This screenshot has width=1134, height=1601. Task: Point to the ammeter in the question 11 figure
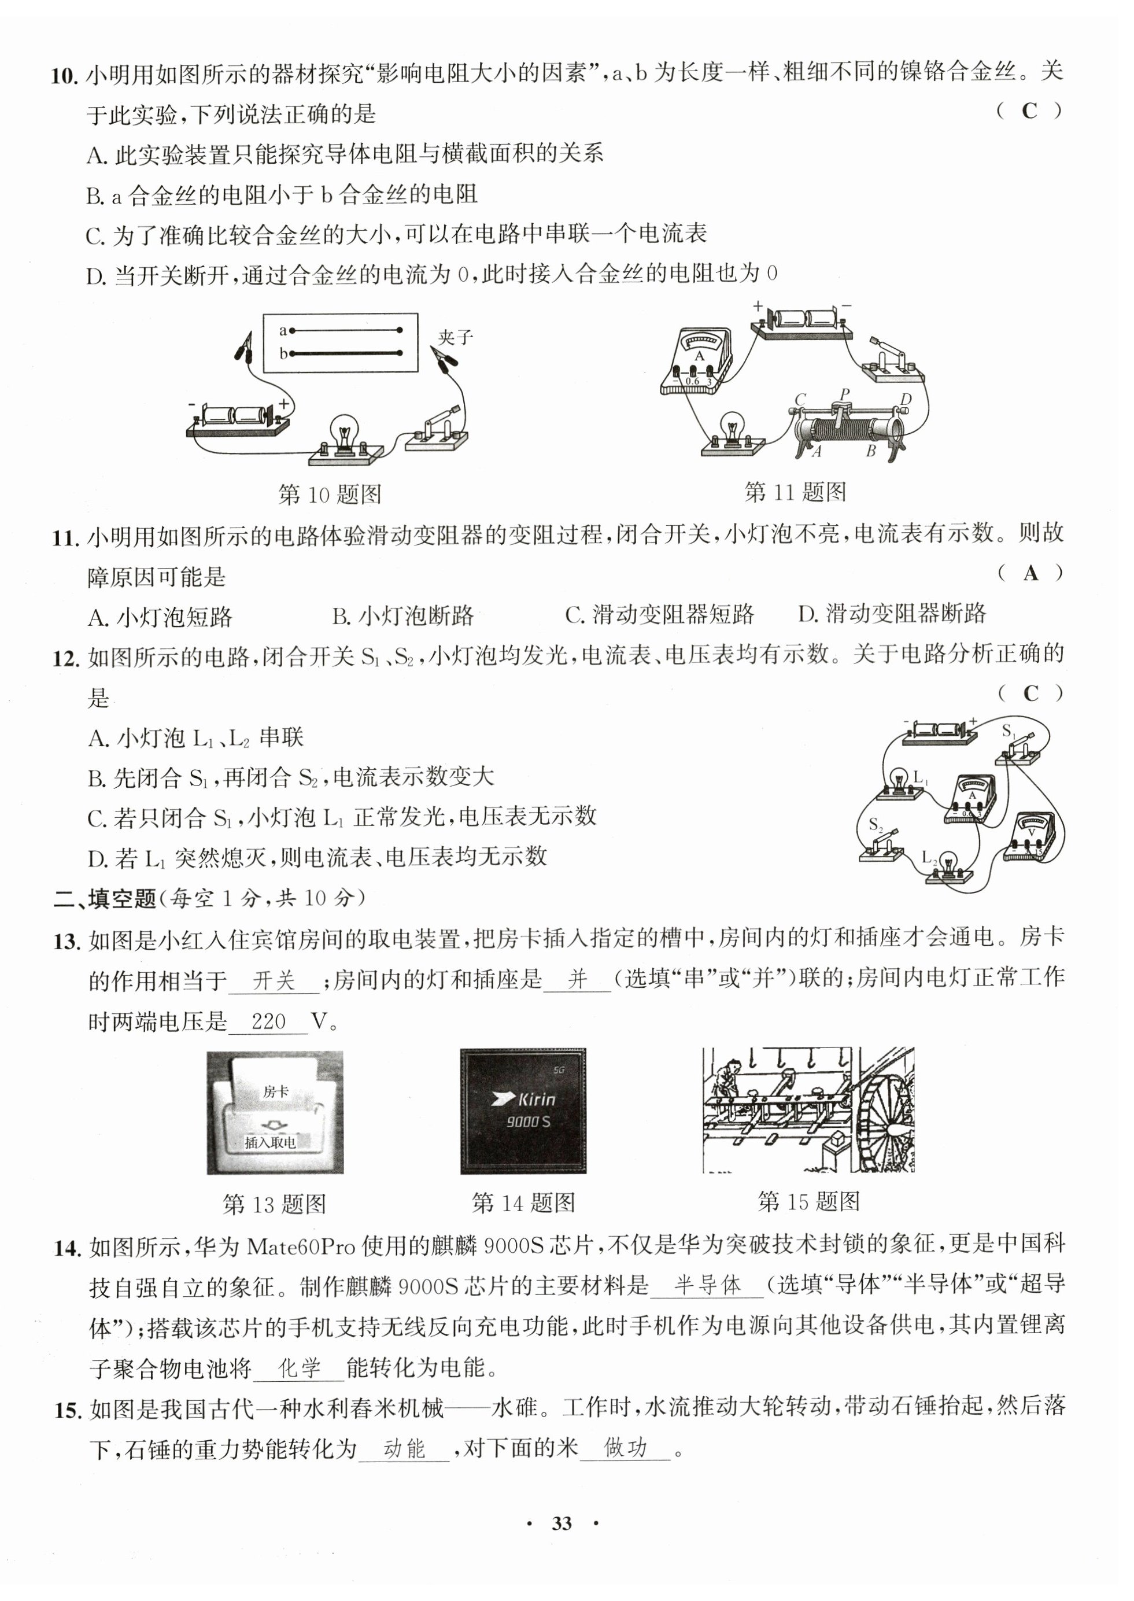[696, 360]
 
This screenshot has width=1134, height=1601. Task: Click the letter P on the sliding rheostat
[845, 394]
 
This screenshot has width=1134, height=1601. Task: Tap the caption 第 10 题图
[330, 495]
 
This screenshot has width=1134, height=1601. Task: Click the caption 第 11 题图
[795, 492]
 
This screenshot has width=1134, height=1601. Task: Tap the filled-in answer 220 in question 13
[269, 1021]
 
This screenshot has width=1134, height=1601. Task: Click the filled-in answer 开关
[274, 981]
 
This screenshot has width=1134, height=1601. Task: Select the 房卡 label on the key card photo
[275, 1091]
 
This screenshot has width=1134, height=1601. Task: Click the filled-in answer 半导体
[707, 1285]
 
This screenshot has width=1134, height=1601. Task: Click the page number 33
[562, 1523]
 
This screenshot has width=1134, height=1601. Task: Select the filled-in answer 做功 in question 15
[626, 1449]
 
